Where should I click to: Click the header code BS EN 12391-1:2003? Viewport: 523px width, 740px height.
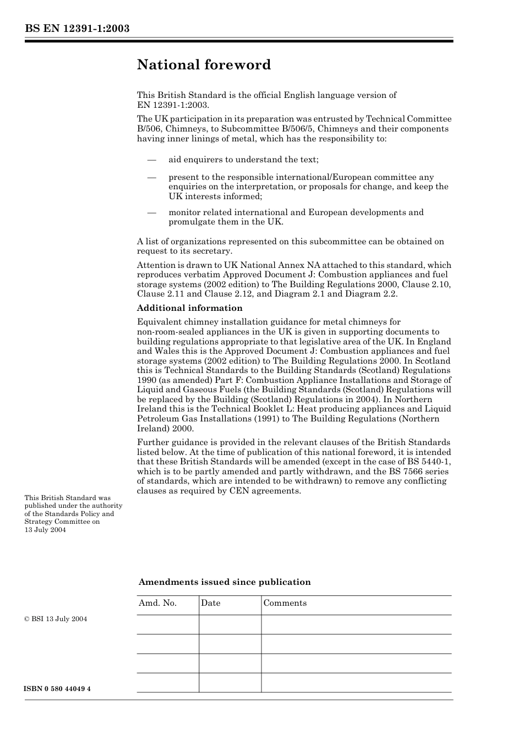coord(77,29)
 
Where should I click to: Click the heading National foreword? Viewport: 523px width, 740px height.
coord(204,65)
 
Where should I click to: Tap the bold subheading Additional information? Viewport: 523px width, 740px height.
coord(189,308)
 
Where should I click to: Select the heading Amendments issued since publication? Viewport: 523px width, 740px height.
coord(225,582)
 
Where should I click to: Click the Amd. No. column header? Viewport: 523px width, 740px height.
coord(157,603)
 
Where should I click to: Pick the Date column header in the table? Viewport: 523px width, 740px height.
coord(210,603)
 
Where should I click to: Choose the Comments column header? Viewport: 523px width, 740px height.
coord(285,603)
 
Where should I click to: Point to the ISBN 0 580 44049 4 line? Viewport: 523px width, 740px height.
coord(58,689)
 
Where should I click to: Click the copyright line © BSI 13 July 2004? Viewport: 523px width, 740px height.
coord(56,619)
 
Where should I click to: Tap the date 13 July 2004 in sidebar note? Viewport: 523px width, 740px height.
coord(45,530)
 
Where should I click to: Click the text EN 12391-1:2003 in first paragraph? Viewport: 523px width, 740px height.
coord(172,105)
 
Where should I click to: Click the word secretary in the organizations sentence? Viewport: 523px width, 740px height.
coord(214,251)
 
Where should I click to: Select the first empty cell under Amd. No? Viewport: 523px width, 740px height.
coord(167,624)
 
